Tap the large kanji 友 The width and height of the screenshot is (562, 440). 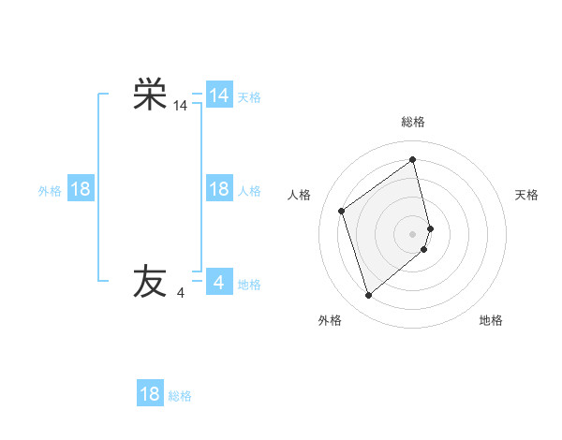point(150,281)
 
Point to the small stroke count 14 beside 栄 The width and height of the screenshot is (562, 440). point(181,107)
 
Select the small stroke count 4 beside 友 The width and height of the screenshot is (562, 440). point(181,293)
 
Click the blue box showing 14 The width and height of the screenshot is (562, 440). point(218,95)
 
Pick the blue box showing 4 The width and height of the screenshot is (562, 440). point(218,282)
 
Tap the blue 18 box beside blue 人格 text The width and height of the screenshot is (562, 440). point(218,189)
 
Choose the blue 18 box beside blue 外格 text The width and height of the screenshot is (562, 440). point(81,189)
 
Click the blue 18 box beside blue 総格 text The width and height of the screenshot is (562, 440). point(150,394)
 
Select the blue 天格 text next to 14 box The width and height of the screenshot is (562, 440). point(249,97)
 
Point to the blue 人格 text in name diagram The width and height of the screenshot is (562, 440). point(249,191)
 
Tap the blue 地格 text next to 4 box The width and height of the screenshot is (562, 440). point(249,285)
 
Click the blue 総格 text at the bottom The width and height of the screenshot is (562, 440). point(180,396)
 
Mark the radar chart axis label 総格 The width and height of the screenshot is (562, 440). point(413,122)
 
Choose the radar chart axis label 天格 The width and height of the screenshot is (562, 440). point(526,195)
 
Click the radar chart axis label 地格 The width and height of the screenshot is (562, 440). point(491,321)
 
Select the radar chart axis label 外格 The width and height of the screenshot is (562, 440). point(330,321)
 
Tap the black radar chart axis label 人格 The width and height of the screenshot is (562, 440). point(300,195)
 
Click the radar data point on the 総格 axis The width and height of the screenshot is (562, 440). point(413,159)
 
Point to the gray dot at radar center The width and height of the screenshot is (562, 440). point(413,232)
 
